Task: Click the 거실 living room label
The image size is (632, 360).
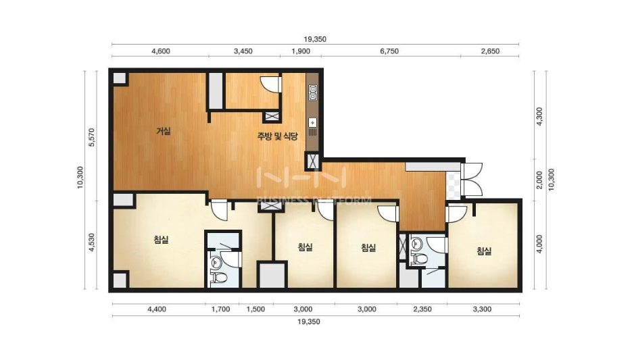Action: click(x=164, y=131)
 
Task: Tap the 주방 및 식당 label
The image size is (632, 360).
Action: click(x=277, y=136)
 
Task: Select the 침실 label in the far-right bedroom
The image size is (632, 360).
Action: click(x=484, y=251)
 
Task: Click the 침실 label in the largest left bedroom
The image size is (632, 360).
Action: click(x=162, y=240)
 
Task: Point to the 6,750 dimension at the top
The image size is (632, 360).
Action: click(x=389, y=51)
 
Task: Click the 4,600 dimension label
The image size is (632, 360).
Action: click(x=161, y=51)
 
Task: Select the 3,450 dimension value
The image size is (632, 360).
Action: click(x=243, y=51)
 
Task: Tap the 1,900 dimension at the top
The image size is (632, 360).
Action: click(x=301, y=51)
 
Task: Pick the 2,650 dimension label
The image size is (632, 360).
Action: click(x=490, y=51)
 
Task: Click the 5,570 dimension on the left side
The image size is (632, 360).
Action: click(x=91, y=137)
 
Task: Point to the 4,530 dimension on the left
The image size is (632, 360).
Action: click(x=91, y=242)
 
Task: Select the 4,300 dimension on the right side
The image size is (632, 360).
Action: click(x=539, y=116)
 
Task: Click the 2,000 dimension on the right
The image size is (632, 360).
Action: click(x=539, y=180)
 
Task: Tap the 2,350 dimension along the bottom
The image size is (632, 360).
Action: click(x=422, y=309)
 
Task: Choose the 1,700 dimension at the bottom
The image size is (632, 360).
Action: click(x=221, y=309)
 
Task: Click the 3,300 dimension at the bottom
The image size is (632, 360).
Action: click(x=482, y=309)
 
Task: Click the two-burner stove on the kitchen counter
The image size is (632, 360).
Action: click(x=313, y=93)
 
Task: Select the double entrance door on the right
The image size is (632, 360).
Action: click(x=472, y=180)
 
